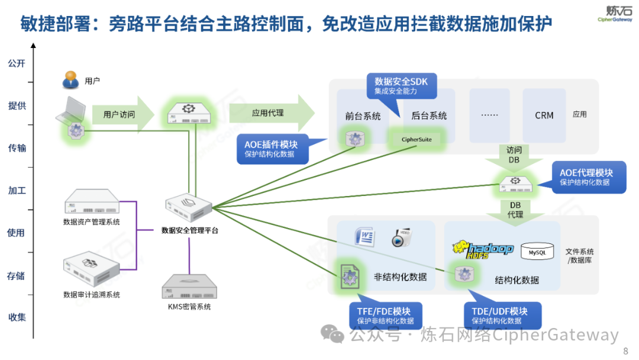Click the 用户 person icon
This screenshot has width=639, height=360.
click(71, 80)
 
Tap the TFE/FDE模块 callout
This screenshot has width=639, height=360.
click(385, 316)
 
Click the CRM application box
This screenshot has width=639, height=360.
click(544, 115)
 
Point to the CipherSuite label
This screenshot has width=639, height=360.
click(417, 140)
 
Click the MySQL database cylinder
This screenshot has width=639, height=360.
click(537, 252)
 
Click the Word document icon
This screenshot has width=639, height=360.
click(364, 236)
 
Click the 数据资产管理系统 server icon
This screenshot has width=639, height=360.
click(91, 202)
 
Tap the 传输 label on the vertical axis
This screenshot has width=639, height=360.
click(17, 148)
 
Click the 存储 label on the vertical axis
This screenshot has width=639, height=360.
click(17, 275)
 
